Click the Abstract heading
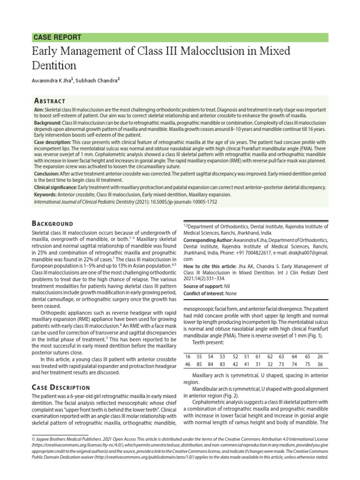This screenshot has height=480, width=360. (x=50, y=101)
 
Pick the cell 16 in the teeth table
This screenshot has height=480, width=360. (x=188, y=357)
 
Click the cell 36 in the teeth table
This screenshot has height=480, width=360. (x=320, y=364)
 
